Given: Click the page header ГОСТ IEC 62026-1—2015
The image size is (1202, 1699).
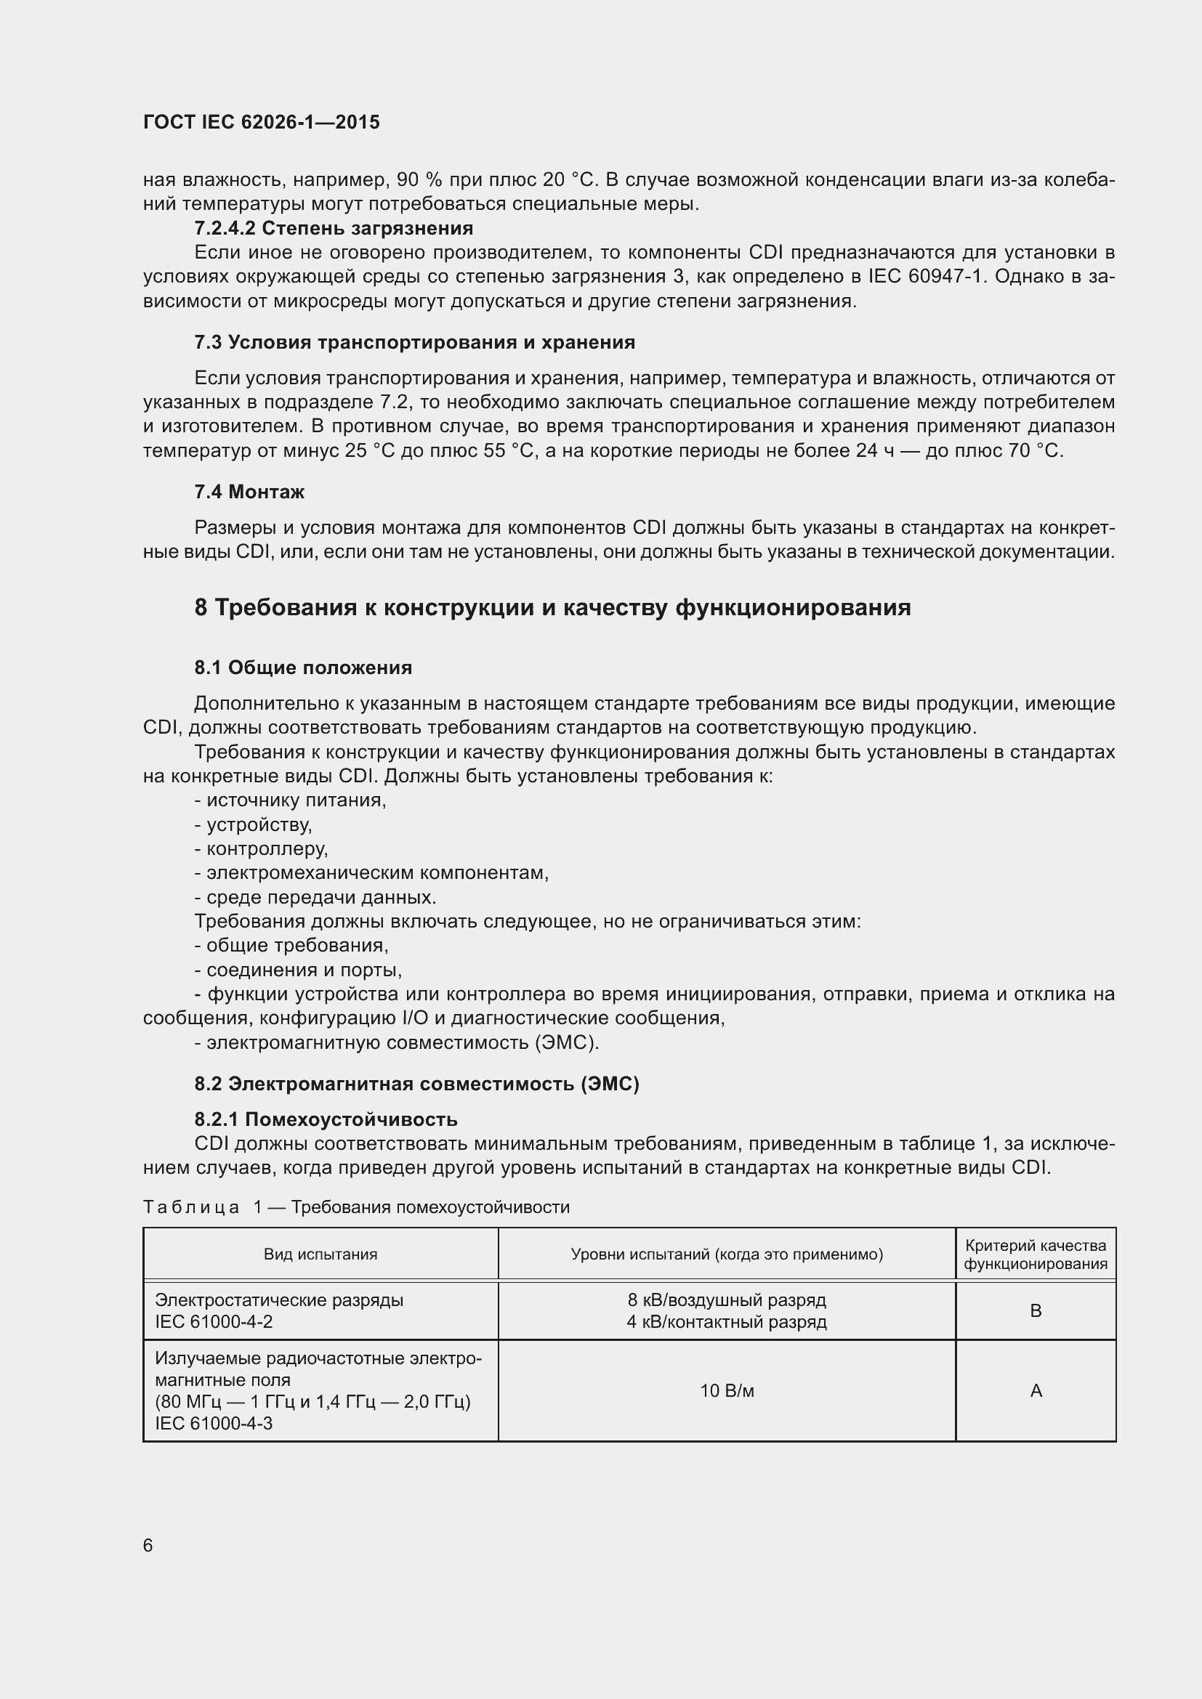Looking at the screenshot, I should click(262, 122).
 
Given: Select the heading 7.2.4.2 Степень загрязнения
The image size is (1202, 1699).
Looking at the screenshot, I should click(334, 228).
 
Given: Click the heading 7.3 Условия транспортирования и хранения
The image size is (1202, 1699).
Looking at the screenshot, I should click(414, 342).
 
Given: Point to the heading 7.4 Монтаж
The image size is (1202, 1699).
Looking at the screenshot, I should click(249, 491).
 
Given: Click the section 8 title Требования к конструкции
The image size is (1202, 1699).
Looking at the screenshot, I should click(552, 607).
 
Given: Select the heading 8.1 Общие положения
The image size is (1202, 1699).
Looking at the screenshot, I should click(303, 668).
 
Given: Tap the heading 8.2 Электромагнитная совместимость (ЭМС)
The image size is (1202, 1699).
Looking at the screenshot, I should click(416, 1083).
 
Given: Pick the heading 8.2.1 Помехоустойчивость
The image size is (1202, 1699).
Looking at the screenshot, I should click(326, 1119).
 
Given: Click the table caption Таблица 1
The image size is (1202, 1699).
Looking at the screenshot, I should click(355, 1207).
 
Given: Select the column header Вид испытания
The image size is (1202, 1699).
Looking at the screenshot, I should click(320, 1254).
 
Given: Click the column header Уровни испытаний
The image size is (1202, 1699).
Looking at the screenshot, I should click(726, 1254).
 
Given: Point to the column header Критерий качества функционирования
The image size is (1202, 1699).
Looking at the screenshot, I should click(1035, 1254).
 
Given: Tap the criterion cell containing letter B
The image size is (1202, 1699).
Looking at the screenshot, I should click(1036, 1310).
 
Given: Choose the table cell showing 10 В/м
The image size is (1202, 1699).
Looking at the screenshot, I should click(726, 1391).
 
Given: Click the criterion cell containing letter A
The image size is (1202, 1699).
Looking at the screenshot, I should click(1036, 1391).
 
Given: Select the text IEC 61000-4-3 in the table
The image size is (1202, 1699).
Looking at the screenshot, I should click(213, 1423).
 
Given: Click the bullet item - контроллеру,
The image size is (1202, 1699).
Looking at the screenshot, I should click(262, 848).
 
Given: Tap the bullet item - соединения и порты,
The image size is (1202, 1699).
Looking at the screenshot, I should click(298, 970).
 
